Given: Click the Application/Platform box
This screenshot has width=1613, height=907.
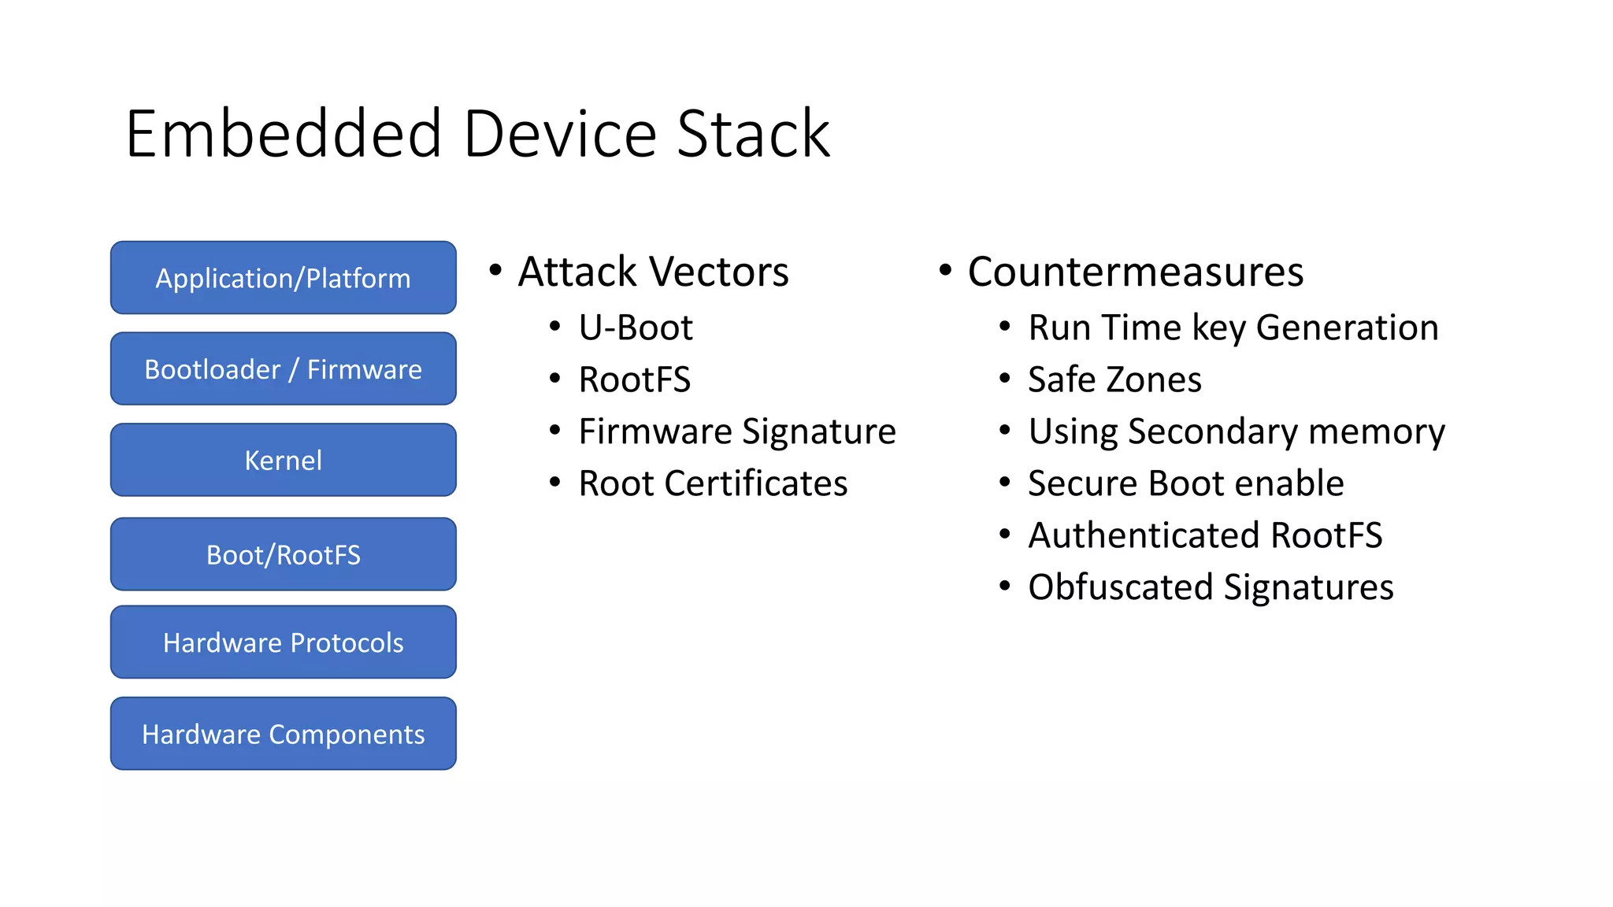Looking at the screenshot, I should pos(283,278).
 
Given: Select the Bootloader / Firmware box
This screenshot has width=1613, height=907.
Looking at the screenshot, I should pos(283,368).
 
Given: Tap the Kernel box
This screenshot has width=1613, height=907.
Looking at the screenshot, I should pos(283,460).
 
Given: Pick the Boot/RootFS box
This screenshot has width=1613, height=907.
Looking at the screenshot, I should pos(283,554).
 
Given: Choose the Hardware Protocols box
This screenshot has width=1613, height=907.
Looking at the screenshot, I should pos(283,642).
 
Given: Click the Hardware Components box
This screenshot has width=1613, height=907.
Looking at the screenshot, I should pos(283,734).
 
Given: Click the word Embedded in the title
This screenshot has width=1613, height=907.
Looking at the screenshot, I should pos(284,134).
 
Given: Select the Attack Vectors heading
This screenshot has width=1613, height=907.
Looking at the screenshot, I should pos(653,272).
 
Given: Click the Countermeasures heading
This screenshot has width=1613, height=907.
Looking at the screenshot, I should pos(1135,272).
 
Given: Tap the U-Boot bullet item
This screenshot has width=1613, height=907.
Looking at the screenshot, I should pos(636,328).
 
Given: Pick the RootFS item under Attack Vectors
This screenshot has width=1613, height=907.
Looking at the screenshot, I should pos(634,379).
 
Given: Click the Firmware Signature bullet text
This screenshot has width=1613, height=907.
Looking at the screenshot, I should pos(737,431).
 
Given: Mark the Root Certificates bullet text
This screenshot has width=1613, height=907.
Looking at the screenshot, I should pos(713,483).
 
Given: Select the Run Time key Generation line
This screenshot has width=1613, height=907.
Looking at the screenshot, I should pos(1233,328).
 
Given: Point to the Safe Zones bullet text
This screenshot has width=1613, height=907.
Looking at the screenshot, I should pos(1114,379).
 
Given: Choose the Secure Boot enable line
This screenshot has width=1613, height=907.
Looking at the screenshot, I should pos(1185,483).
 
